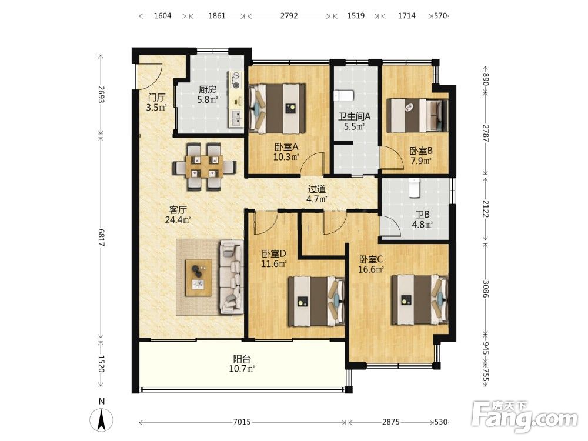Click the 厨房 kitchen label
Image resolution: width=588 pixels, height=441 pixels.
point(208,90)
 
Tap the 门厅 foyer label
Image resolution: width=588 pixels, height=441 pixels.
point(157,98)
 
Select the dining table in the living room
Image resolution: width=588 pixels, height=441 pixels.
point(205,166)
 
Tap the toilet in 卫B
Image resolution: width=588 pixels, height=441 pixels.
point(414,188)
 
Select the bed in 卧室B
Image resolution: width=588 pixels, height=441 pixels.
point(417,115)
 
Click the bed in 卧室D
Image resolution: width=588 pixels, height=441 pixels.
point(316,301)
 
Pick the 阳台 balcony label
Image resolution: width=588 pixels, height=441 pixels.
point(242,359)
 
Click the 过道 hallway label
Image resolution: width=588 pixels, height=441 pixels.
point(317,189)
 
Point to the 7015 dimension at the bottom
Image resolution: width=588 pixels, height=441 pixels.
point(242,422)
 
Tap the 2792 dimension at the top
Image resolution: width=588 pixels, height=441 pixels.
point(289,16)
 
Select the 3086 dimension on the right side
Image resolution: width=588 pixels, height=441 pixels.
point(486,289)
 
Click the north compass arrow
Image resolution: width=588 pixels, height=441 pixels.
point(101,419)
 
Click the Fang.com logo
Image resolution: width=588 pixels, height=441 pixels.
point(525,416)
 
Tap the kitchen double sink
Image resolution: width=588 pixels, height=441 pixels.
point(236,118)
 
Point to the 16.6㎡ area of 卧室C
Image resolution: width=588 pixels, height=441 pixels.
point(371,269)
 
